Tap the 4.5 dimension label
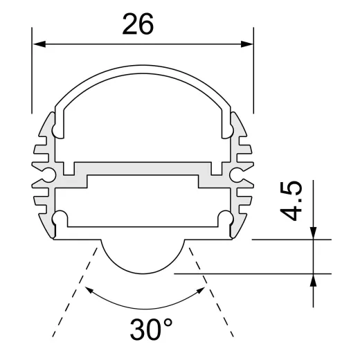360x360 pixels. click(x=293, y=201)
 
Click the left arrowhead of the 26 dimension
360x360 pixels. click(x=38, y=44)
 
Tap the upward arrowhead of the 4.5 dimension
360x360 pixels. click(x=314, y=280)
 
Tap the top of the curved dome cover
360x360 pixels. click(x=143, y=70)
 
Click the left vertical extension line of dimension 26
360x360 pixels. click(x=32, y=76)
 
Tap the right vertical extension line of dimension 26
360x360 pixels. click(x=253, y=76)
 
